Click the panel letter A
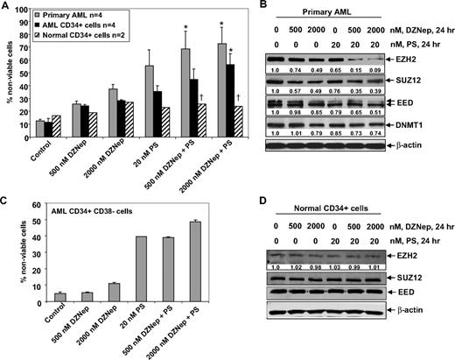coord(6,6)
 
